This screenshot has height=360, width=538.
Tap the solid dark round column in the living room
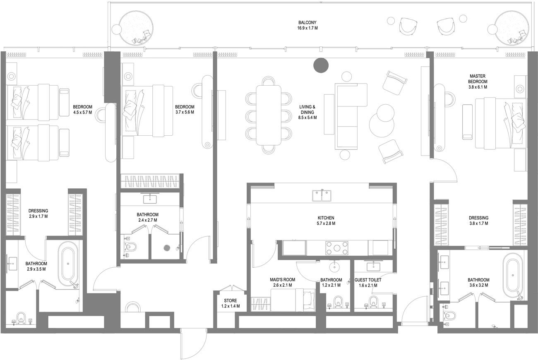[321, 65]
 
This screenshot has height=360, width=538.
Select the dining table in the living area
[268, 115]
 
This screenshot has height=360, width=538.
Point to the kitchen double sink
[322, 194]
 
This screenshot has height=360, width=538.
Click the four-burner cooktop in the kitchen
[338, 248]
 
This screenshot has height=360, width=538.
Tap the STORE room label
[230, 304]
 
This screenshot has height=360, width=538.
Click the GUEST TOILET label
[368, 283]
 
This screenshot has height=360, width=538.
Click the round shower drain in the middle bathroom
[167, 248]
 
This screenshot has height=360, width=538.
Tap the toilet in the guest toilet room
[374, 302]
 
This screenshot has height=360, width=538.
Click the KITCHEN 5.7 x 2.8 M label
[326, 221]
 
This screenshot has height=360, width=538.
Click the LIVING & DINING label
[307, 112]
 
